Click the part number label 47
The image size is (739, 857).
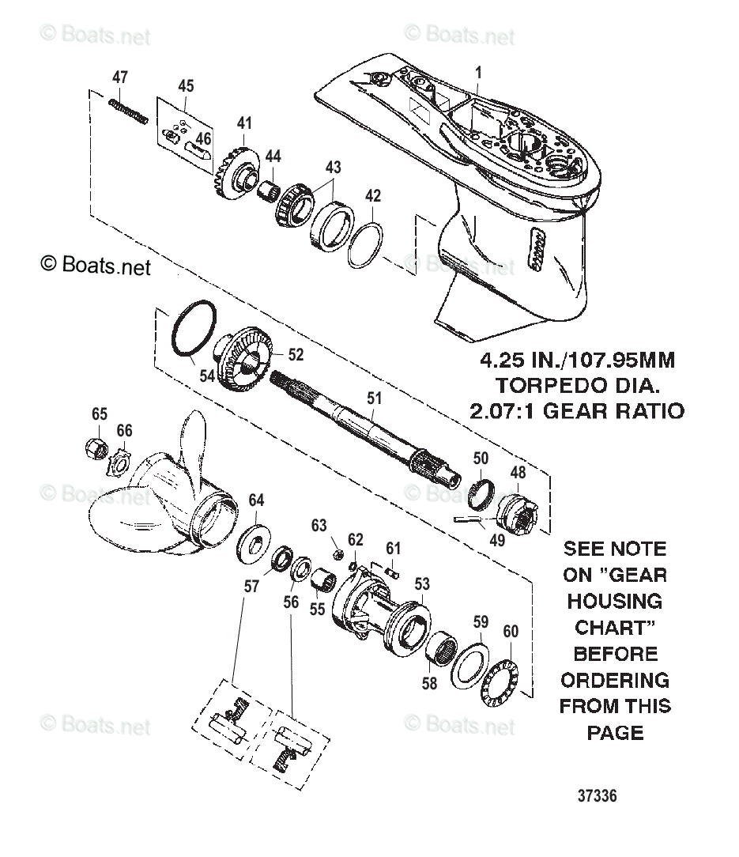coord(119,77)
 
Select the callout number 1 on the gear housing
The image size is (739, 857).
coord(477,73)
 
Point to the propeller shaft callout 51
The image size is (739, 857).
coord(374,398)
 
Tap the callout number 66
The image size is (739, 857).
coord(124,430)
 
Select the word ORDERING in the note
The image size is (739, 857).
coord(615,680)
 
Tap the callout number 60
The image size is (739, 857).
coord(511,631)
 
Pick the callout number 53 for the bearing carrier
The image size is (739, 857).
coord(422,584)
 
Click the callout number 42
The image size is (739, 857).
coord(373,196)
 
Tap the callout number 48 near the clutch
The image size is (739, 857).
coord(518,472)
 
